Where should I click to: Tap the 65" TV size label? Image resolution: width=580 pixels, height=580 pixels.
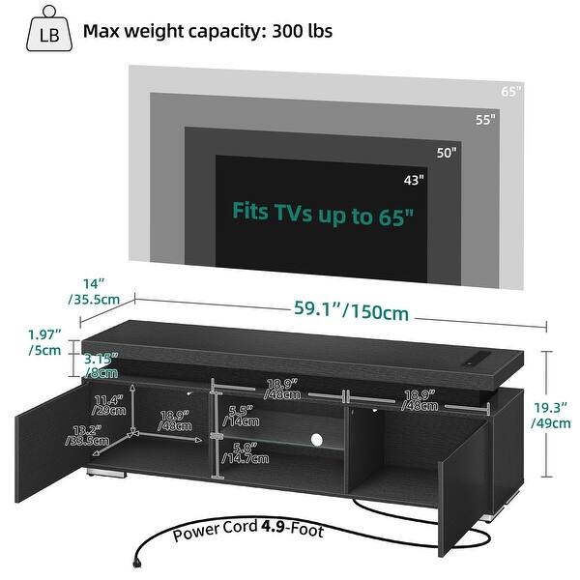[x=511, y=91]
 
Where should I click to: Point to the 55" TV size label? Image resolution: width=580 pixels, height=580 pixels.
[x=484, y=120]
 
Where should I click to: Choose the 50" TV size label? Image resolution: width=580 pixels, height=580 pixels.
[x=447, y=152]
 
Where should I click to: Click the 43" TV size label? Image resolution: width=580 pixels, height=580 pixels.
[x=413, y=179]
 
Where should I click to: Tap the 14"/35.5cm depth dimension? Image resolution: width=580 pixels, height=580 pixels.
[x=94, y=292]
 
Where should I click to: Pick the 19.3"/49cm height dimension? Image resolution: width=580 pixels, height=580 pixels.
[x=554, y=414]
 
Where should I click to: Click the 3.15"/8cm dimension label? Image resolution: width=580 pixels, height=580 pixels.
[x=100, y=363]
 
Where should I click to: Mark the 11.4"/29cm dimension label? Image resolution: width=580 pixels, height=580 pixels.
[x=108, y=404]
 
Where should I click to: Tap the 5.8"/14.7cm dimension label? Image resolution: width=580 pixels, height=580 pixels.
[x=246, y=451]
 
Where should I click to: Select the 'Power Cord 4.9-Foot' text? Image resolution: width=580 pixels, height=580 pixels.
[x=248, y=532]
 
